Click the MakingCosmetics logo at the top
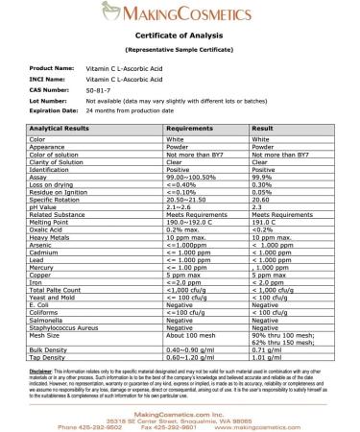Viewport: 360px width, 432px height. tap(180, 16)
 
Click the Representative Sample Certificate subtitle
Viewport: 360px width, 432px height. tap(180, 49)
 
